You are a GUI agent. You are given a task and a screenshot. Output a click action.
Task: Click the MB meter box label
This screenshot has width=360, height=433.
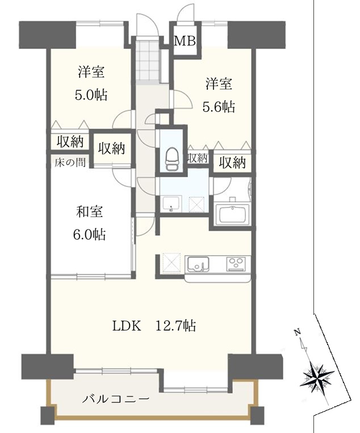tap(185, 41)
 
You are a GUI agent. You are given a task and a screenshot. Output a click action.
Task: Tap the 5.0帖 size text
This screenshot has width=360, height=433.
tap(90, 95)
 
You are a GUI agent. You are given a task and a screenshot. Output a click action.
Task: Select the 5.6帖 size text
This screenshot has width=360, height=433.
tap(219, 107)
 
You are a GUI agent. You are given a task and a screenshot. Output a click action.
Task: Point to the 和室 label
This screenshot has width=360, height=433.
tap(89, 211)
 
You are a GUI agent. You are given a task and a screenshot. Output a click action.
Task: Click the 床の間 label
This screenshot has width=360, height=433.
tap(70, 163)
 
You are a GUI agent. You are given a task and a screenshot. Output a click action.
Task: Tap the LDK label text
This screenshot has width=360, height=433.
tap(127, 326)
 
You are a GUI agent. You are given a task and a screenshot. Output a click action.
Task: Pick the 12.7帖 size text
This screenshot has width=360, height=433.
tap(176, 326)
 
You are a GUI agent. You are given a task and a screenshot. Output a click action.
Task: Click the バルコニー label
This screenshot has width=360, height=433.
tap(116, 399)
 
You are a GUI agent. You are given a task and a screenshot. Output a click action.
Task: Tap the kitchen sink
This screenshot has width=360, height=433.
tap(198, 264)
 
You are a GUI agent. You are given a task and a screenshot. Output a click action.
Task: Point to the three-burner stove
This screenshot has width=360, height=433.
tap(236, 263)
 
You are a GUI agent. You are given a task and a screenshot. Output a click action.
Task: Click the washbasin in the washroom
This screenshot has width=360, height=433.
tap(171, 204)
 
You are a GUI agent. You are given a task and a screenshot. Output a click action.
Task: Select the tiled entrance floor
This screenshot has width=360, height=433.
tap(148, 61)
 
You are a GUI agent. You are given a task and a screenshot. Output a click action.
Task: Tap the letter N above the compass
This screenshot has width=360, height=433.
tap(297, 332)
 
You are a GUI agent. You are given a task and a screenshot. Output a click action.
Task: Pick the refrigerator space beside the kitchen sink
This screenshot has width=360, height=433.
tap(171, 263)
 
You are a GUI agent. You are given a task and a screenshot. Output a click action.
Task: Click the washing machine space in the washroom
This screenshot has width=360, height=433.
tap(196, 204)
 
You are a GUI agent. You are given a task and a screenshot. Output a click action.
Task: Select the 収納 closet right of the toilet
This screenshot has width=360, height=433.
tap(197, 158)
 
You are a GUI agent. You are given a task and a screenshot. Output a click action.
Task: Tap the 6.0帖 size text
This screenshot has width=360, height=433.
tap(89, 235)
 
